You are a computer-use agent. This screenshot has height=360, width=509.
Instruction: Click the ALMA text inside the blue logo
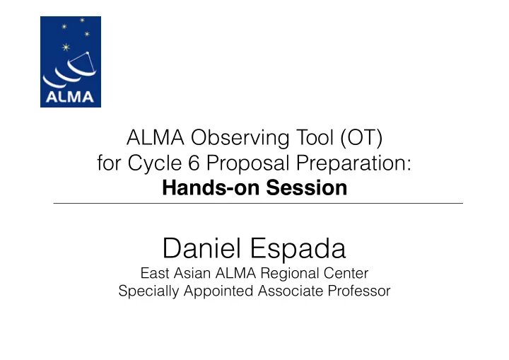point(70,97)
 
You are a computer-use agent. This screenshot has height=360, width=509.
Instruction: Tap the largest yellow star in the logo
point(66,47)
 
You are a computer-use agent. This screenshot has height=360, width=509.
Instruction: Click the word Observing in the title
point(240,138)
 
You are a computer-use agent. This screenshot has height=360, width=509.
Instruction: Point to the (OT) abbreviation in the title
point(361,138)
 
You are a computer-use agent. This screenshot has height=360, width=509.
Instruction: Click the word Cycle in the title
point(155,163)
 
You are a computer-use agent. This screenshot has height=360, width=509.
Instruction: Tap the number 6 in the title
point(194,163)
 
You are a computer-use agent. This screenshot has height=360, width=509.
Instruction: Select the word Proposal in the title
point(247,163)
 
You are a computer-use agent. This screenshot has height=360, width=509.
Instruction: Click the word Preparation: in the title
point(353,163)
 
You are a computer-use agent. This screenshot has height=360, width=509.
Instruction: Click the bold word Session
point(306,188)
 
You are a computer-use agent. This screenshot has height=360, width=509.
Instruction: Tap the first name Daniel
point(201,248)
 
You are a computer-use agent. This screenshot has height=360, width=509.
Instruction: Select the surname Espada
point(298,248)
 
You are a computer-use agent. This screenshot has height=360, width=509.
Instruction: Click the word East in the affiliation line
point(155,273)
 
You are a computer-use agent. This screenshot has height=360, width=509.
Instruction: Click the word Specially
point(148,291)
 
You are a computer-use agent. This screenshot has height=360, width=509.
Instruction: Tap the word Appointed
point(218,291)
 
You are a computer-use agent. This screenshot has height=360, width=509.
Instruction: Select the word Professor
point(358,291)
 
